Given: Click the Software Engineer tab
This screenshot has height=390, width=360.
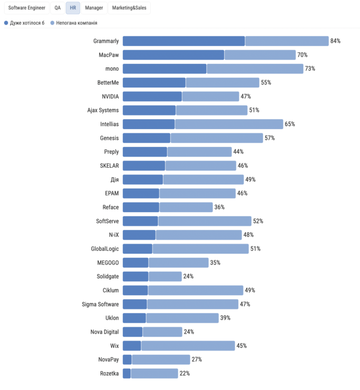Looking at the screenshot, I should (27, 8).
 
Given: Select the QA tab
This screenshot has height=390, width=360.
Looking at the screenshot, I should (58, 8).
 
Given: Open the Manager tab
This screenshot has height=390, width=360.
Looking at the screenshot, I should (94, 8).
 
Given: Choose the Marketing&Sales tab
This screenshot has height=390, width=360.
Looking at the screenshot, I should (129, 8).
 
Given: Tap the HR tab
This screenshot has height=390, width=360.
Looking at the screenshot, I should (73, 8).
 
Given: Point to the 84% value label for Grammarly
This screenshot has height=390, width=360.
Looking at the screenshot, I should (335, 41).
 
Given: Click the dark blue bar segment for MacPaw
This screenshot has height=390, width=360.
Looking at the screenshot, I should (173, 55).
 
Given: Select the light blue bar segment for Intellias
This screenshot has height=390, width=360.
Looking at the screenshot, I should (229, 124).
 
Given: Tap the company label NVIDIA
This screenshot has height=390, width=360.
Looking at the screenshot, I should (110, 96).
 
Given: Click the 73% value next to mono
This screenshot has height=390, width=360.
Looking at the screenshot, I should (310, 69).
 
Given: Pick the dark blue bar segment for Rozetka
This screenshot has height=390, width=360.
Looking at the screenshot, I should (126, 373).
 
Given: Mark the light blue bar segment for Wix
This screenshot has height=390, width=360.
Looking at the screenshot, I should (188, 346).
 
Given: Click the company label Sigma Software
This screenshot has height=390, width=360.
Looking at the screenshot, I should (100, 304).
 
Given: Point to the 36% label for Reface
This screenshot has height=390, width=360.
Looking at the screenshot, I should (219, 207).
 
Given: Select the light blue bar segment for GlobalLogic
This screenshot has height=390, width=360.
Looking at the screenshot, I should (200, 249).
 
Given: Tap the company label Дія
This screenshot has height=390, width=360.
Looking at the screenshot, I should (114, 179).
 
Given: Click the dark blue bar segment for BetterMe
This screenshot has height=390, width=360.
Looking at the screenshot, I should (154, 83).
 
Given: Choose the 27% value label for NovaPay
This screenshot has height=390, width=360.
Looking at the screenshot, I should (197, 359).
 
